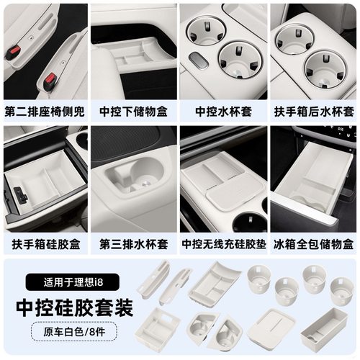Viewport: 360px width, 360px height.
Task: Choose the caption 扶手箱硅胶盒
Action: [45, 243]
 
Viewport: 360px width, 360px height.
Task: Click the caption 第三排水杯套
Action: [133, 243]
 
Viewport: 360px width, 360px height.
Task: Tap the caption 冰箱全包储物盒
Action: [313, 243]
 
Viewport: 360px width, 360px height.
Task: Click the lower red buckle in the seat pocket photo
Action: [50, 78]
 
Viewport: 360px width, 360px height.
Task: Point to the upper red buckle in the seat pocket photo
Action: [13, 53]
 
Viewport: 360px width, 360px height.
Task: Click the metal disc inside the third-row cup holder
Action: [143, 184]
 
